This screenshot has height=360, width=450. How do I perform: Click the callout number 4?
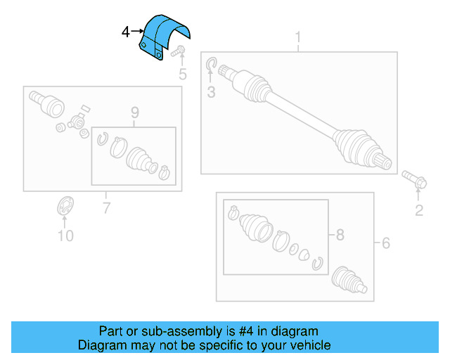(x=125, y=32)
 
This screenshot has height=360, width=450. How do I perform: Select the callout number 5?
(x=182, y=74)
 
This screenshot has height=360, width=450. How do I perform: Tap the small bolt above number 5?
(x=178, y=51)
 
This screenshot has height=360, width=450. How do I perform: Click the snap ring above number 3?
(x=212, y=67)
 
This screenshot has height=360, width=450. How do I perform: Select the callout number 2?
(x=418, y=210)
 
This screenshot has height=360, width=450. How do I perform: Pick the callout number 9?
(x=134, y=112)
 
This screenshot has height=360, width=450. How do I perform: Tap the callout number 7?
(x=106, y=207)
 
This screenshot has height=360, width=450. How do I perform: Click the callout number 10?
(x=65, y=236)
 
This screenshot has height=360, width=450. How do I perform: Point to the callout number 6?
(x=385, y=243)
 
